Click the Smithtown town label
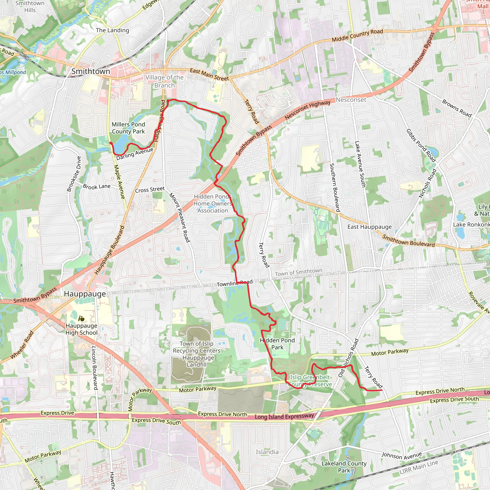pyautogui.click(x=90, y=71)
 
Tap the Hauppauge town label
pyautogui.click(x=85, y=294)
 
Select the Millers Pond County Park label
pyautogui.click(x=128, y=128)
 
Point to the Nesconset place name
pyautogui.click(x=351, y=100)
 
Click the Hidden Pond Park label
pyautogui.click(x=277, y=344)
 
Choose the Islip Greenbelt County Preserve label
pyautogui.click(x=310, y=381)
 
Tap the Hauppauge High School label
pyautogui.click(x=81, y=329)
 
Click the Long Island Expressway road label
pyautogui.click(x=284, y=417)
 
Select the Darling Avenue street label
pyautogui.click(x=135, y=154)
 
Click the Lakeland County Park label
pyautogui.click(x=344, y=467)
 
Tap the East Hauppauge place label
pyautogui.click(x=369, y=227)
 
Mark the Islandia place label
pyautogui.click(x=267, y=452)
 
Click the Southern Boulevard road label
pyautogui.click(x=334, y=187)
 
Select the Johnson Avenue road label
pyautogui.click(x=402, y=456)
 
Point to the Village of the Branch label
pyautogui.click(x=164, y=81)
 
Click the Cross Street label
pyautogui.click(x=150, y=189)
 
